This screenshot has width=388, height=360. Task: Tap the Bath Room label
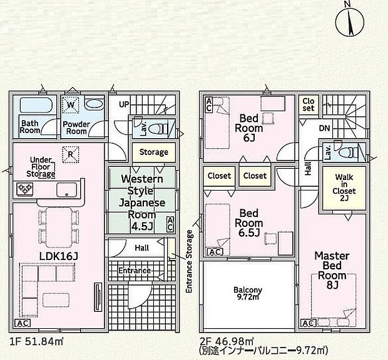[30, 127]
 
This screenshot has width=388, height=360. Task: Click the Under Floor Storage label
[41, 167]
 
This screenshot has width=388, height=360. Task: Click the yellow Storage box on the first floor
[153, 152]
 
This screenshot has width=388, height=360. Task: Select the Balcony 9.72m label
[248, 293]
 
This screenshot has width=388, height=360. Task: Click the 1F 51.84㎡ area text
[36, 341]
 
